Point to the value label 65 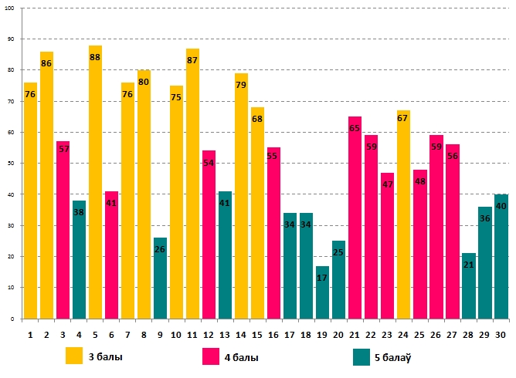coord(355,129)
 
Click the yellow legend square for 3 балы coord(74,356)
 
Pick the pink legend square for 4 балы coord(211,356)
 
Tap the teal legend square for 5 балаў coord(361,356)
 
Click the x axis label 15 coord(257,334)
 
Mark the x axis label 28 coord(468,334)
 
